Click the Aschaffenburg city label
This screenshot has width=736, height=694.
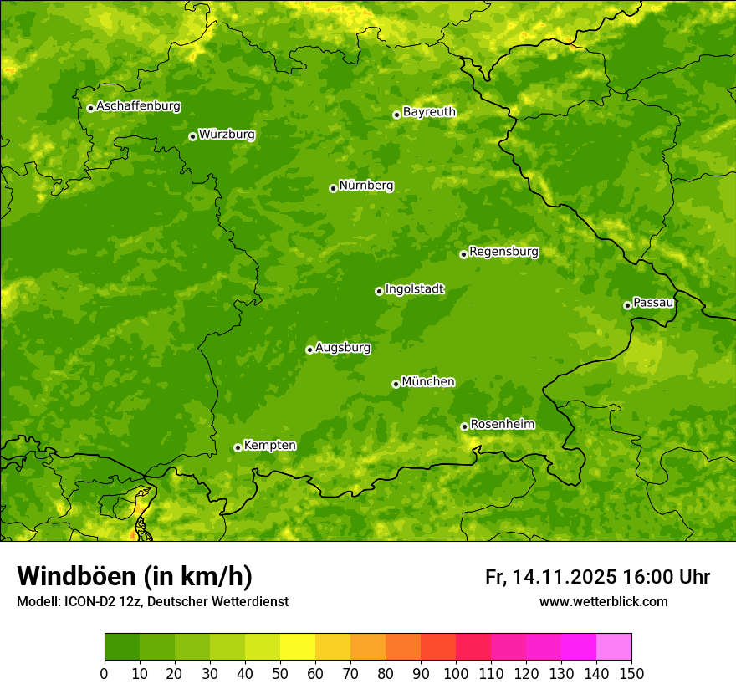(x=138, y=106)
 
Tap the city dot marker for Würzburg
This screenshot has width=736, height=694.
(x=192, y=136)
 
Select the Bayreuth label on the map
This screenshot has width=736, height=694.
(x=429, y=111)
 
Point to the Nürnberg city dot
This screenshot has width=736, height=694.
(x=333, y=188)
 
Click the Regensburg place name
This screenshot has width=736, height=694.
(x=503, y=251)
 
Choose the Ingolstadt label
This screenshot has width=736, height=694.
(x=414, y=288)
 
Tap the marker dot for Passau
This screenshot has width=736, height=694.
(x=627, y=305)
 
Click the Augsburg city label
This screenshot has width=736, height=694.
(x=343, y=347)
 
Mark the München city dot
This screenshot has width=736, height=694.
(x=396, y=384)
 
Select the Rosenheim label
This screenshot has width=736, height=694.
(x=502, y=424)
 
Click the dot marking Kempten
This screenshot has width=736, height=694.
(x=238, y=447)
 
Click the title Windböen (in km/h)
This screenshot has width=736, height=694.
(x=134, y=576)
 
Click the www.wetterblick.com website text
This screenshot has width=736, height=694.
(x=603, y=601)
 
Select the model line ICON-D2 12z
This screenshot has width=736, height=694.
(x=117, y=601)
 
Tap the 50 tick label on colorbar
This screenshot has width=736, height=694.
(x=280, y=673)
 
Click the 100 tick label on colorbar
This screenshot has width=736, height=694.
(x=456, y=673)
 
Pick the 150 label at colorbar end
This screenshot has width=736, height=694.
(x=631, y=673)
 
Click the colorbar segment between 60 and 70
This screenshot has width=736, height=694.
(x=333, y=647)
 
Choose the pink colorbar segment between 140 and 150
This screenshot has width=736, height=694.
(x=614, y=647)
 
